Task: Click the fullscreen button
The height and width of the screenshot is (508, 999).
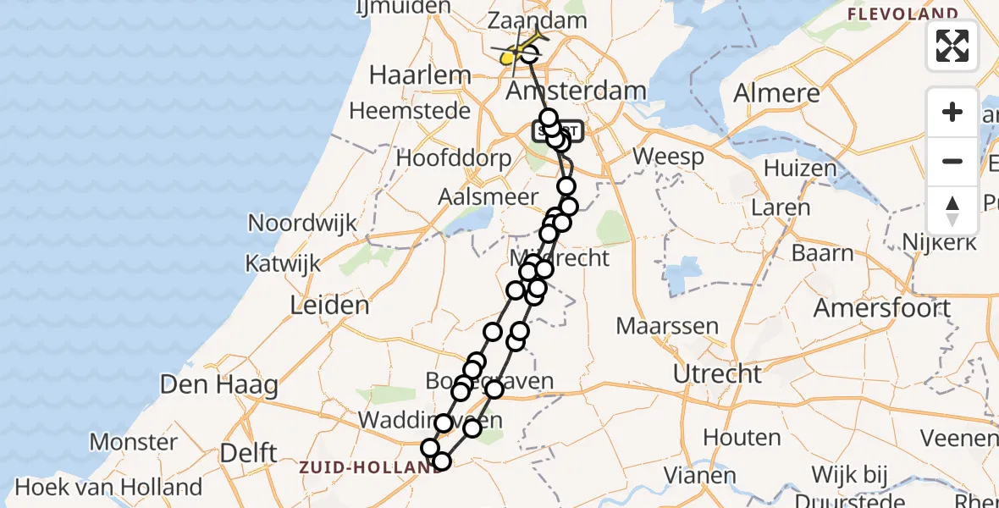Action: click(952, 45)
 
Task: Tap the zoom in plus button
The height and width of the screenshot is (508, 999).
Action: click(952, 112)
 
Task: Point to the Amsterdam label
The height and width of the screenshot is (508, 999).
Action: click(576, 91)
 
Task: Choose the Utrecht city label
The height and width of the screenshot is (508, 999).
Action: click(716, 373)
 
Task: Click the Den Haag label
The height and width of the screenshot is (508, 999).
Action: click(219, 386)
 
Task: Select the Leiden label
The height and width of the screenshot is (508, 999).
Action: click(329, 306)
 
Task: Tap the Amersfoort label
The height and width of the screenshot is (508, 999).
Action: click(882, 307)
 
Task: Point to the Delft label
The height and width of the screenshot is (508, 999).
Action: click(248, 453)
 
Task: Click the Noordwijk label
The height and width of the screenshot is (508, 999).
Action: click(297, 223)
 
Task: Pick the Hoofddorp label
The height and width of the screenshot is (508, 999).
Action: click(454, 158)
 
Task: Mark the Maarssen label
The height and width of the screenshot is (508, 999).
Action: click(667, 326)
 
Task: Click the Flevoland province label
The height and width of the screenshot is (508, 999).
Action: click(902, 14)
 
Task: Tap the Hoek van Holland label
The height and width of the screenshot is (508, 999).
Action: click(108, 488)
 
